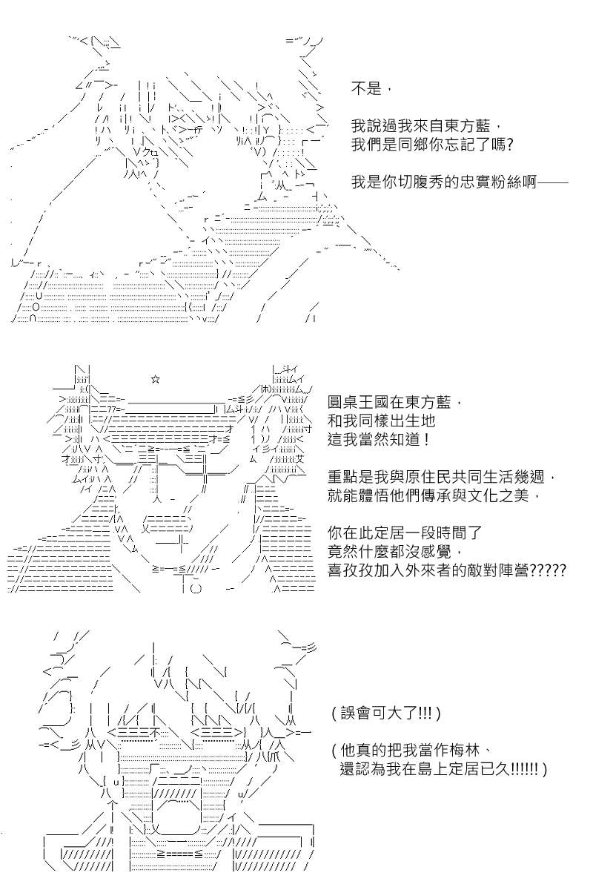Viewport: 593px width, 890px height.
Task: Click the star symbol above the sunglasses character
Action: coord(155,380)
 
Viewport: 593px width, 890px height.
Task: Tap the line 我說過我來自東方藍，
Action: coord(426,126)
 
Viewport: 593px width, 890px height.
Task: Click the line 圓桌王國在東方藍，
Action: coord(395,403)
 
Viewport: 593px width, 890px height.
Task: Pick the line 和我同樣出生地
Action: coord(382,421)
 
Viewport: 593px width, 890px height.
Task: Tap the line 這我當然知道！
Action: coord(380,440)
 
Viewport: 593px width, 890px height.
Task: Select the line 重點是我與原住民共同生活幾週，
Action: coord(441,476)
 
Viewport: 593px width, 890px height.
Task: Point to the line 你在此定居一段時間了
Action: coord(405,533)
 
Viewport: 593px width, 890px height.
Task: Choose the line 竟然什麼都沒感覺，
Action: coord(395,552)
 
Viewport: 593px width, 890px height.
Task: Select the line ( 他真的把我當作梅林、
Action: coord(411,751)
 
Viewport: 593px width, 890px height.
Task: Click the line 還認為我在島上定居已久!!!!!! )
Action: coord(443,769)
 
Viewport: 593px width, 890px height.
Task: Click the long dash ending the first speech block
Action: coord(553,182)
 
